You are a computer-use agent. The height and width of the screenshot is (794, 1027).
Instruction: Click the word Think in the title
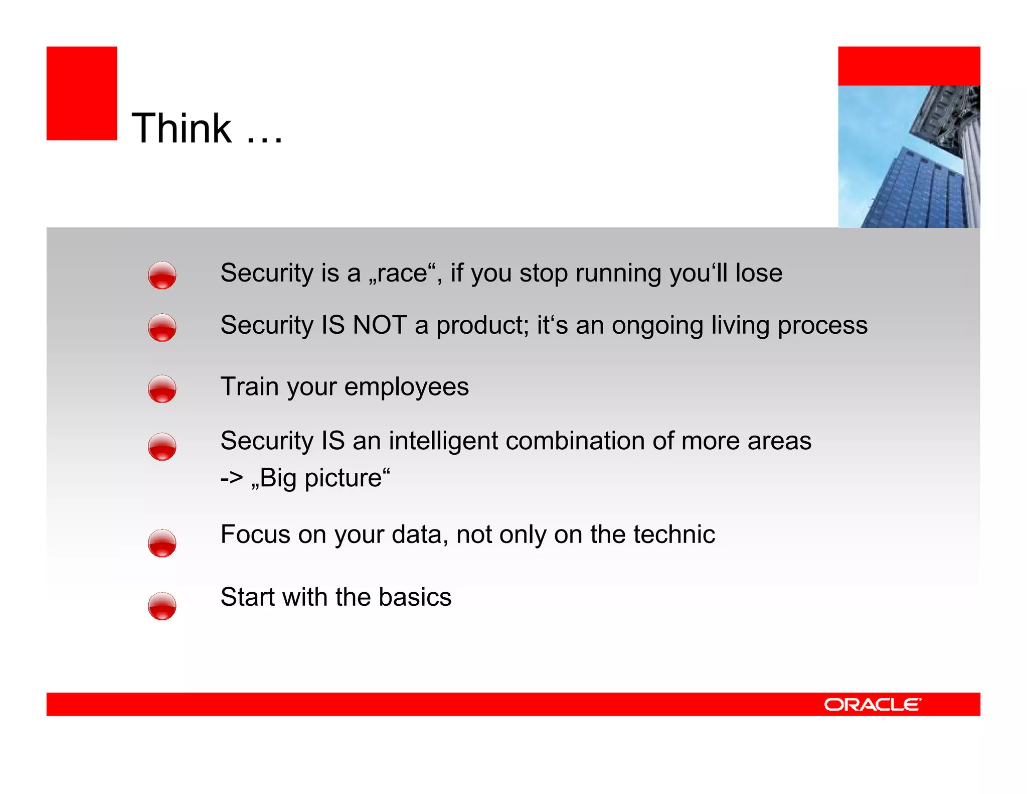click(x=182, y=128)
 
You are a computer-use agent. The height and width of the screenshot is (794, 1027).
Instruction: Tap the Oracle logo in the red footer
click(x=872, y=705)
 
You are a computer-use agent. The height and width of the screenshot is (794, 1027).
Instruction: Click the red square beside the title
click(x=82, y=93)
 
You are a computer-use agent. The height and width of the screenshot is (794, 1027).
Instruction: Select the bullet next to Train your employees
click(x=162, y=389)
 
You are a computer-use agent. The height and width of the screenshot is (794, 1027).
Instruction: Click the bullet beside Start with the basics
click(x=162, y=606)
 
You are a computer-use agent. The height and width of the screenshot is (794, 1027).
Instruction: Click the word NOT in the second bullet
click(x=380, y=325)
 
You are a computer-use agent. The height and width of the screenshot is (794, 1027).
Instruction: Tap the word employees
click(x=407, y=387)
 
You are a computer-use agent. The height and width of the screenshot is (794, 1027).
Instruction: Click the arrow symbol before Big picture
click(x=232, y=478)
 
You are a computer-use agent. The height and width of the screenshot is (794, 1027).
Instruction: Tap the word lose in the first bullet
click(x=758, y=274)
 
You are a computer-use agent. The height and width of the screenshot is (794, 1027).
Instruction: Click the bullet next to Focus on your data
click(x=162, y=543)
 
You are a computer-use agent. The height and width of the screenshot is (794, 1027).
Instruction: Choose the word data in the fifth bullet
click(x=420, y=535)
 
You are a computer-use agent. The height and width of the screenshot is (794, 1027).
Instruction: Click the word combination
click(x=575, y=441)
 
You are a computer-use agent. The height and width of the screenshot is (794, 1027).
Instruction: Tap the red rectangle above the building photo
click(x=909, y=66)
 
